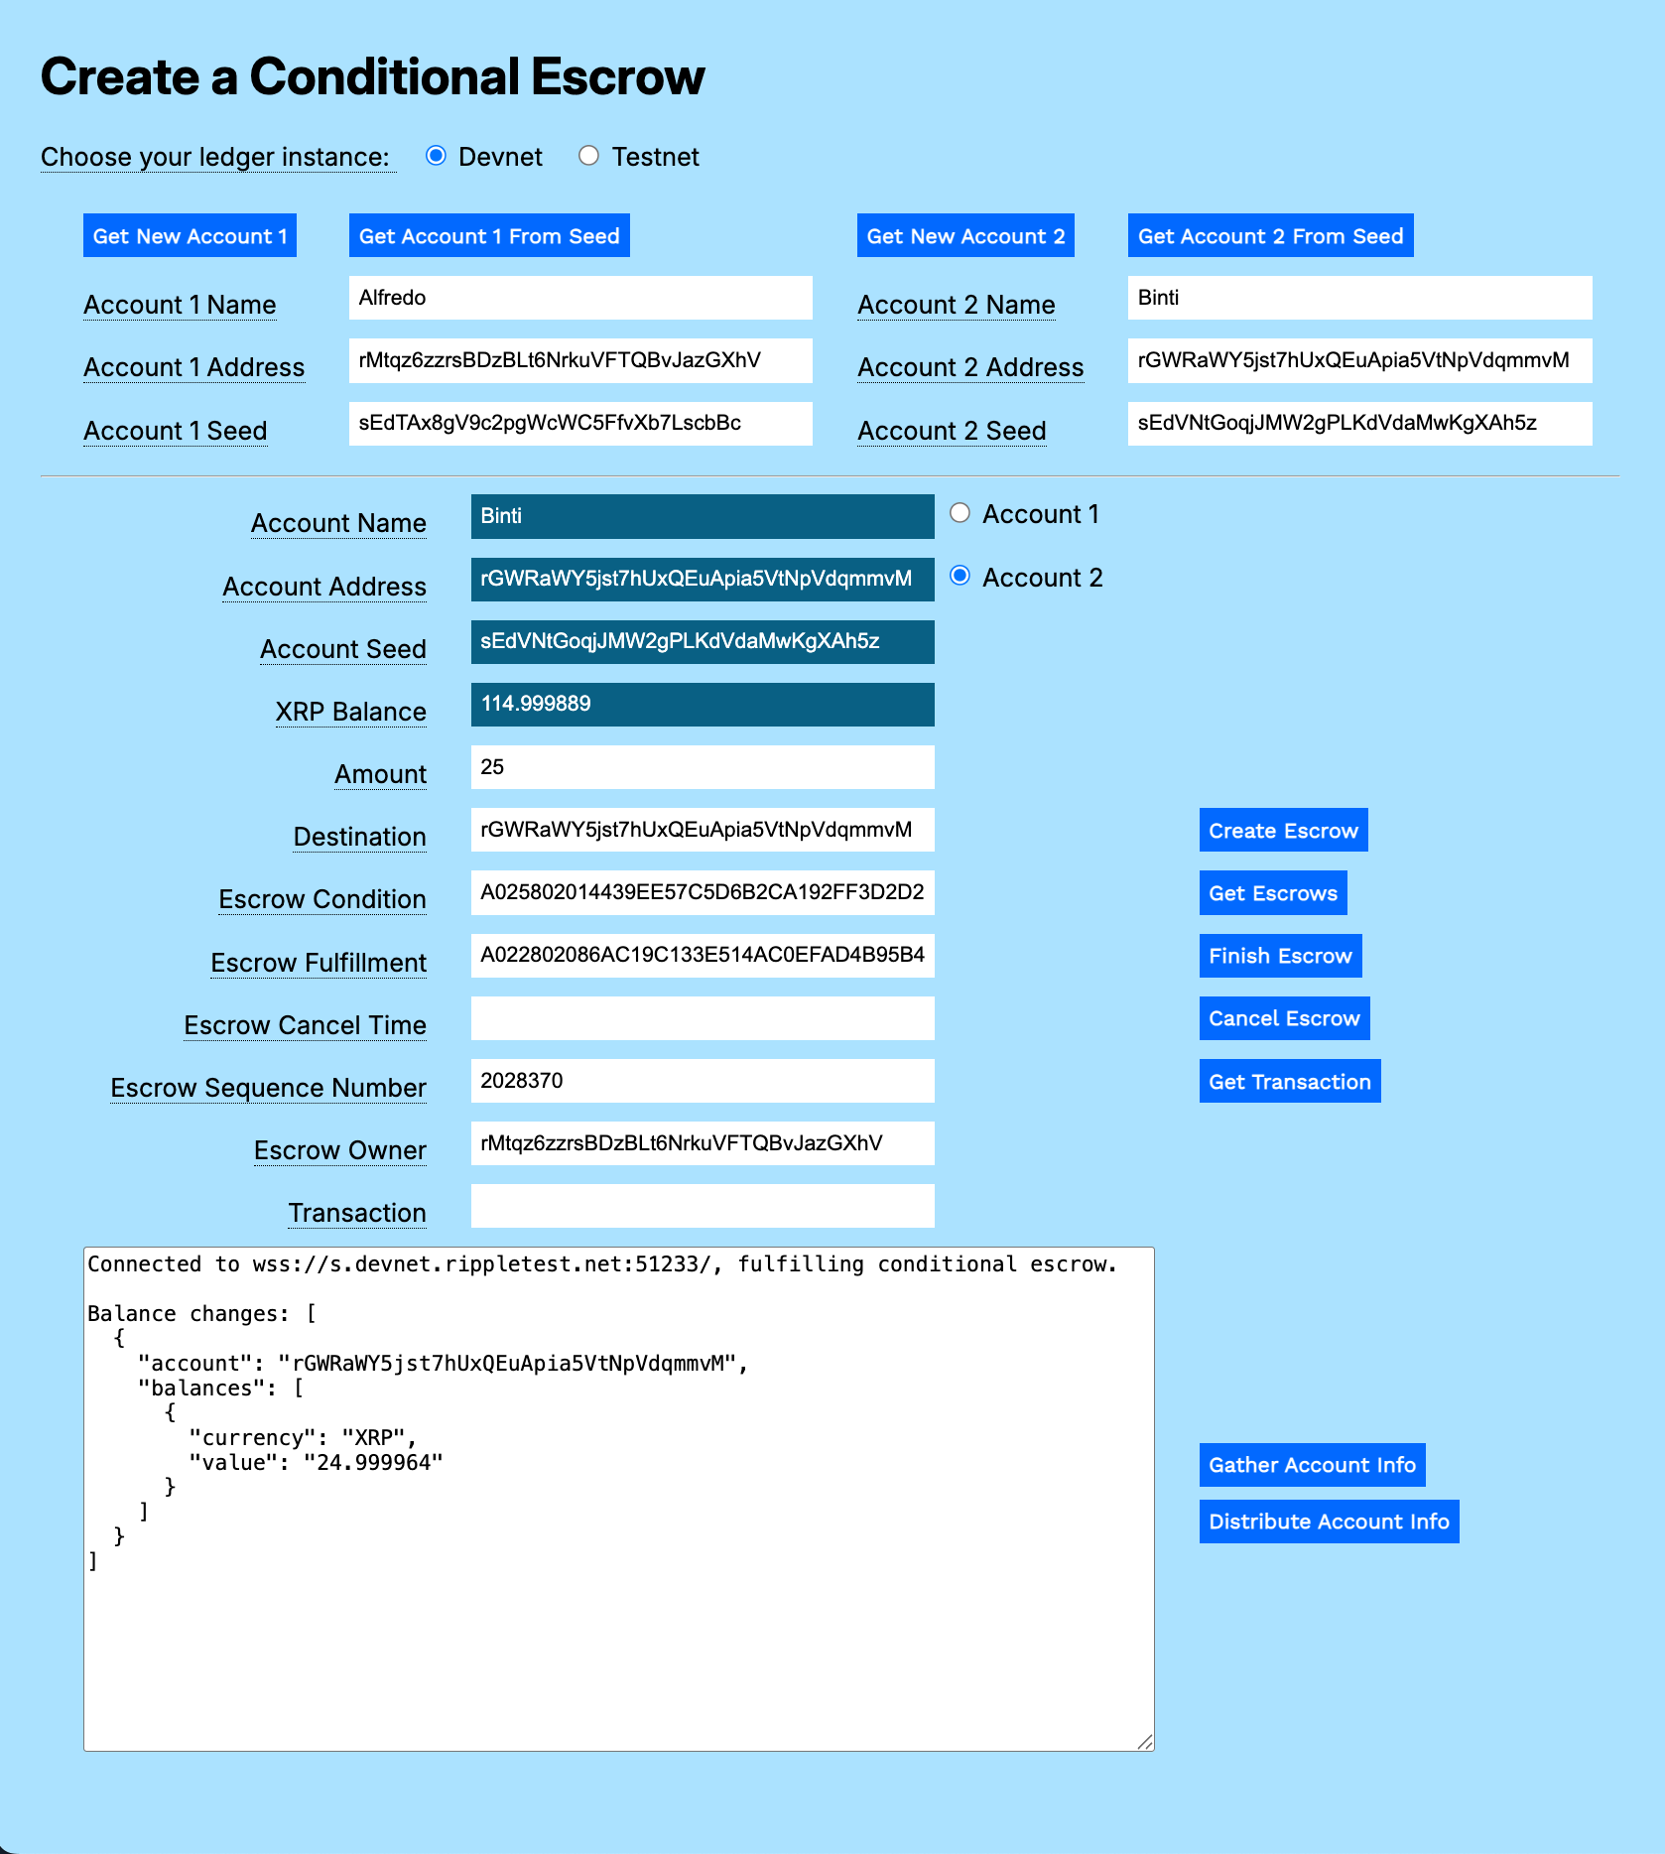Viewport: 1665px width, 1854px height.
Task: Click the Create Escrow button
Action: (1283, 830)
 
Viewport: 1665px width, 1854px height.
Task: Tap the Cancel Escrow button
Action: (1284, 1018)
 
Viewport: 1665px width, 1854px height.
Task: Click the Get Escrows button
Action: (1273, 893)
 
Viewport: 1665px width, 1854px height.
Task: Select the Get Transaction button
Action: (1289, 1082)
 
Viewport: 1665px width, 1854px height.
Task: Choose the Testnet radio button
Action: (589, 156)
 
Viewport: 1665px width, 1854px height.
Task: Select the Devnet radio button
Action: (436, 156)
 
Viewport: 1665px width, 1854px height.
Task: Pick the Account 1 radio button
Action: (960, 513)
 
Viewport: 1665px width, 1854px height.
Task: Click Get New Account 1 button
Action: (190, 236)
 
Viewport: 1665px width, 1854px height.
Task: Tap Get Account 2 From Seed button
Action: (1270, 236)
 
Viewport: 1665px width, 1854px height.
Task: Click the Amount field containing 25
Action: (702, 767)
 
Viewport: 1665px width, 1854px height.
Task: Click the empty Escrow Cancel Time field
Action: (702, 1018)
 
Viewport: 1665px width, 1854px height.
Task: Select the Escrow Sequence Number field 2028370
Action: (702, 1081)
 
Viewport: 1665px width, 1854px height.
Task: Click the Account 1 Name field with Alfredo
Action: (579, 298)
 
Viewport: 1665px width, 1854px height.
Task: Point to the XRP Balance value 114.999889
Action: (536, 704)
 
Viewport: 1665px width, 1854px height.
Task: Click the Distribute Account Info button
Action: (1329, 1522)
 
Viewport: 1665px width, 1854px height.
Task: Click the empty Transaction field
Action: (702, 1206)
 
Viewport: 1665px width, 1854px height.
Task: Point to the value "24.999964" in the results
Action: (373, 1462)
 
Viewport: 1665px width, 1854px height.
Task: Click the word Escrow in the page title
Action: (617, 76)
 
